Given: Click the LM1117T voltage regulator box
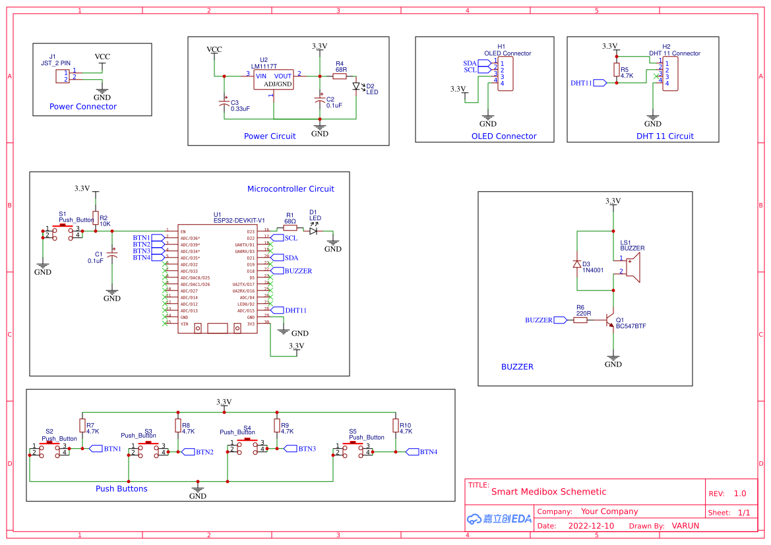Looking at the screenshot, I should [x=274, y=80].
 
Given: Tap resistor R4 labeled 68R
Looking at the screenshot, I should [x=340, y=76].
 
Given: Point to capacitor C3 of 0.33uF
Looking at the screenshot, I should [x=224, y=103].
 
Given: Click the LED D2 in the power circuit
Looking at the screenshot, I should [x=357, y=86].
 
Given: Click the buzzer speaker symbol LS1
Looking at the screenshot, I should [x=632, y=269].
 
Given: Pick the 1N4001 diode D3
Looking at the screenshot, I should [x=577, y=264].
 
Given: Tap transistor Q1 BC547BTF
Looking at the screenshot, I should [x=611, y=320].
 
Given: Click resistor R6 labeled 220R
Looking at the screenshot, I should [x=580, y=320].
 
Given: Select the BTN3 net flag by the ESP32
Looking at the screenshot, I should [x=158, y=251].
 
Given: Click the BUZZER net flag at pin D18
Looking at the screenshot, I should [x=276, y=271].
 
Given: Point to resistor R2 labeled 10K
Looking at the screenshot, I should [x=96, y=218].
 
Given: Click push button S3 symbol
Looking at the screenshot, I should [x=148, y=448].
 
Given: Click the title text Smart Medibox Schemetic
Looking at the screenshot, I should [x=548, y=492].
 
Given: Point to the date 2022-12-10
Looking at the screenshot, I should [x=590, y=526].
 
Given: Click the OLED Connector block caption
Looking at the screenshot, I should [x=503, y=136].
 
